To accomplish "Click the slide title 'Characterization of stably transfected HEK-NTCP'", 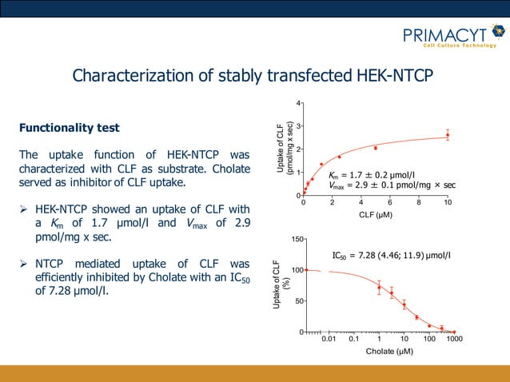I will point(253,76).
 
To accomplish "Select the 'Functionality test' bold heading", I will point(70,128).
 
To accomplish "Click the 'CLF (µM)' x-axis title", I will point(376,214).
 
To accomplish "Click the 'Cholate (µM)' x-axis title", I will point(389,351).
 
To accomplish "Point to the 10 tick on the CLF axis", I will point(448,203).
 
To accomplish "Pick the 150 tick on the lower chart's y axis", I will point(295,239).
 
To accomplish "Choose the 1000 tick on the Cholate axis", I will point(454,340).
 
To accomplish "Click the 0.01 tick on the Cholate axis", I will point(329,340).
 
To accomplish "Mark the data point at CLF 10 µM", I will point(448,135).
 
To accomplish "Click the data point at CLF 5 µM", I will point(376,148).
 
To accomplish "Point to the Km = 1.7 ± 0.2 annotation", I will point(373,173).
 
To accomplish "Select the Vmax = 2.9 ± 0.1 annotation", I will point(392,185).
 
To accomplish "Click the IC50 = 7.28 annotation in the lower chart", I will point(391,256).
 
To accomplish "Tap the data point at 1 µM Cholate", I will point(379,288).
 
